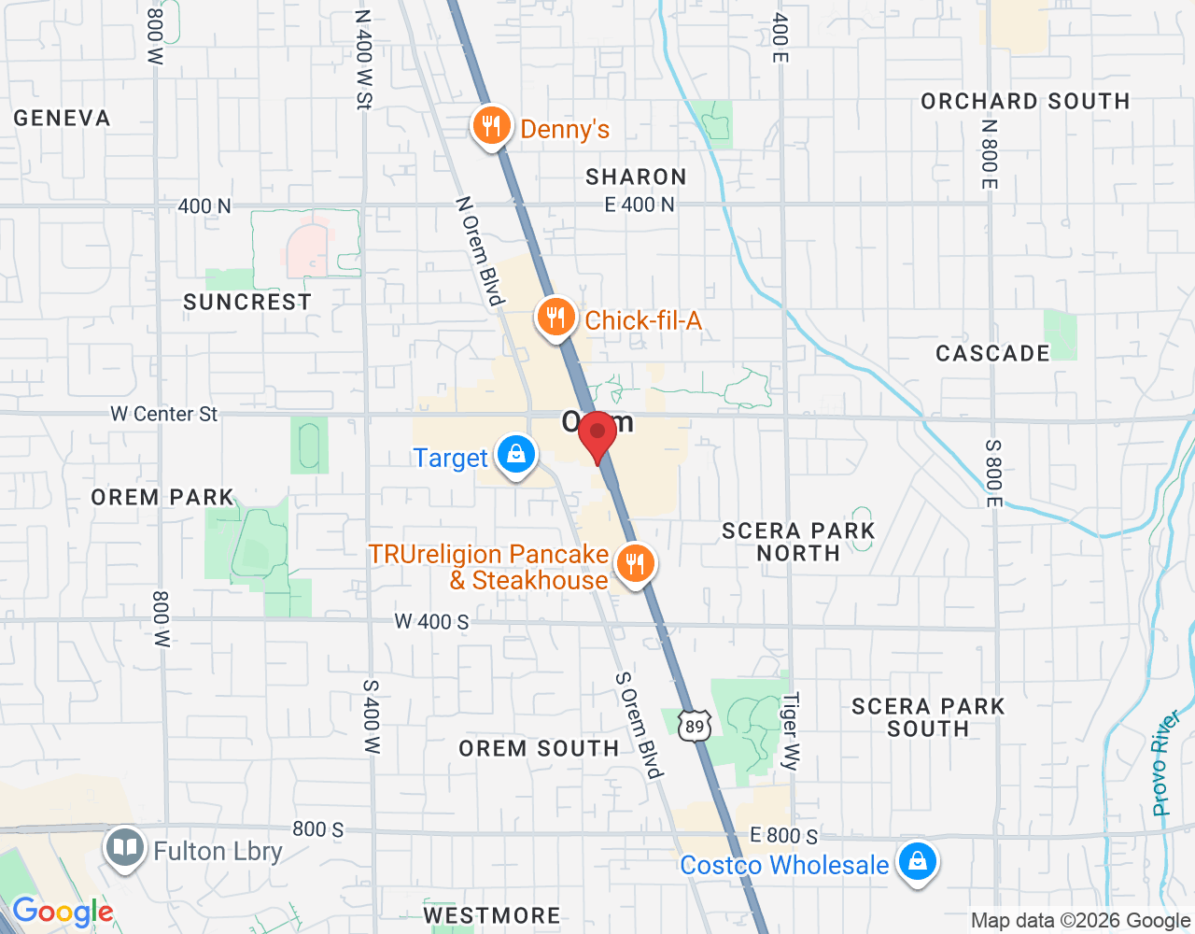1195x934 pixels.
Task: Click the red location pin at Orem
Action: tap(597, 434)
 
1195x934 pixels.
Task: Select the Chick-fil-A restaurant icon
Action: tap(555, 318)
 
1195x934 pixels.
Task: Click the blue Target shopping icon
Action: tap(515, 455)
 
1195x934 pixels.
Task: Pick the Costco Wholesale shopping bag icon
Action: tap(917, 862)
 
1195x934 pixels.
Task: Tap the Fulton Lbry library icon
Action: tap(124, 848)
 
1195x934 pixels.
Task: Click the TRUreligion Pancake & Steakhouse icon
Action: tap(635, 564)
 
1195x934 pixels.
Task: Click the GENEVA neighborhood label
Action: tap(62, 119)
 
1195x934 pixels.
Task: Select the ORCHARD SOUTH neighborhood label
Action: tap(1025, 101)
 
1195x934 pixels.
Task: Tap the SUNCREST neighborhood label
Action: tap(247, 303)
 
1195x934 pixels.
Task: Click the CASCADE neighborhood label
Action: tap(992, 354)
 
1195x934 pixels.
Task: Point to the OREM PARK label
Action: tap(162, 497)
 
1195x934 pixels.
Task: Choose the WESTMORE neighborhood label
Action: tap(492, 915)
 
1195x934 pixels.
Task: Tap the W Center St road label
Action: tap(163, 414)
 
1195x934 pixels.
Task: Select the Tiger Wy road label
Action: tap(791, 731)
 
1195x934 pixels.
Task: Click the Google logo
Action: tap(63, 913)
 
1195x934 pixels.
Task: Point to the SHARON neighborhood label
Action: tap(636, 177)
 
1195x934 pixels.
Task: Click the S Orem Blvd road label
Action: tap(640, 725)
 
